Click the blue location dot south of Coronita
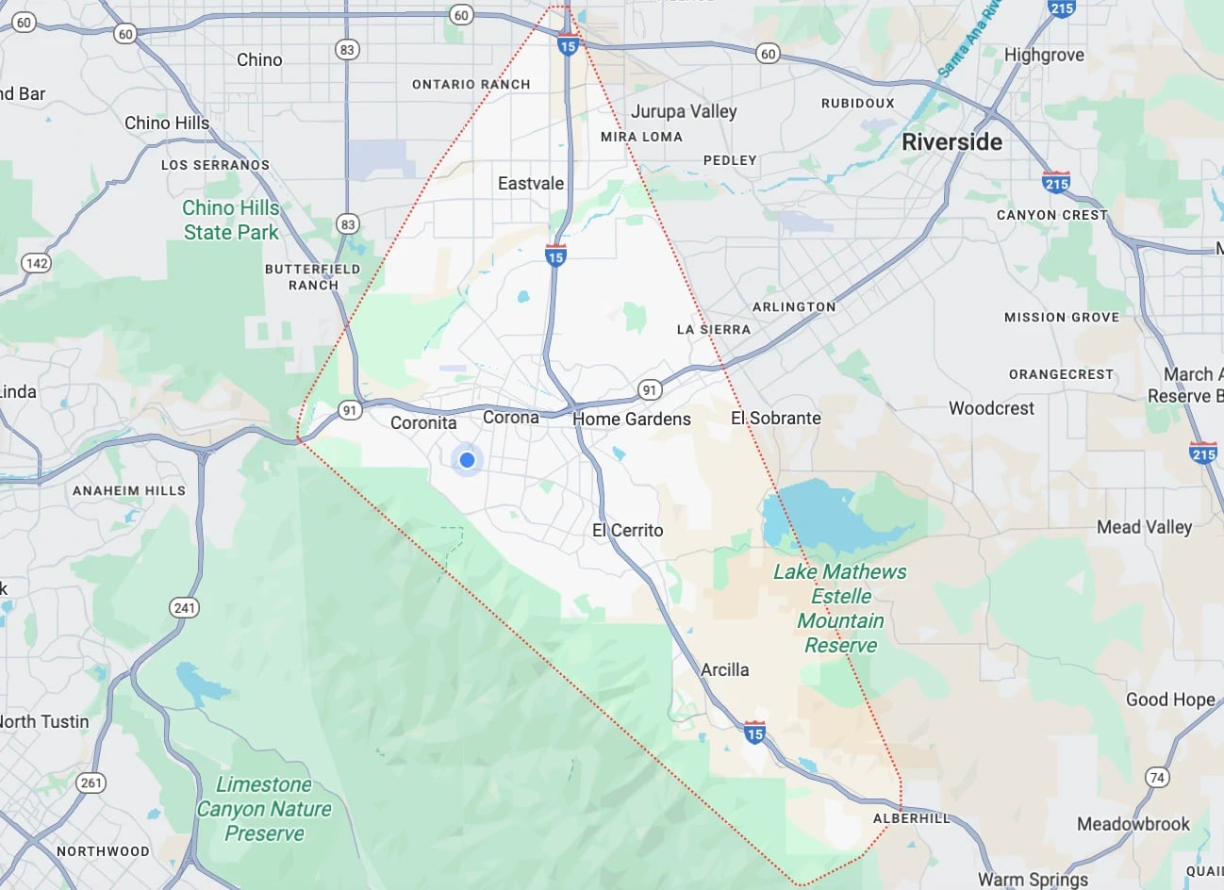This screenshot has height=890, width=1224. click(x=467, y=460)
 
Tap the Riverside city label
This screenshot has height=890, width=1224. click(x=951, y=142)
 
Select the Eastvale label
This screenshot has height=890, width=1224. click(x=531, y=184)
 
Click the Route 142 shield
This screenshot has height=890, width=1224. click(x=36, y=263)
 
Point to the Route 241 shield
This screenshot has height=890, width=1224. click(x=185, y=607)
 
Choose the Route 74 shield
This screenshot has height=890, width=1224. click(x=1157, y=778)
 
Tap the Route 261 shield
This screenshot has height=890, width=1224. click(x=91, y=783)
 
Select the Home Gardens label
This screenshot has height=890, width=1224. click(x=632, y=419)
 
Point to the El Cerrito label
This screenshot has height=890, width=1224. click(x=627, y=531)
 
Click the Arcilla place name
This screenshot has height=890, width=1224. click(x=724, y=669)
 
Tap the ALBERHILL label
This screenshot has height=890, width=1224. click(x=911, y=818)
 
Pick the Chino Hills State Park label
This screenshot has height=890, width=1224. click(x=231, y=220)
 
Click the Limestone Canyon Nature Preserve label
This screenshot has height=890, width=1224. click(x=264, y=809)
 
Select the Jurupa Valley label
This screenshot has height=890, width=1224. click(x=684, y=111)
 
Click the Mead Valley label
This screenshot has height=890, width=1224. click(x=1144, y=527)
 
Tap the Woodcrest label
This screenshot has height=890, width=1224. click(x=991, y=408)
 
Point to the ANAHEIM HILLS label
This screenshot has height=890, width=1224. click(x=129, y=490)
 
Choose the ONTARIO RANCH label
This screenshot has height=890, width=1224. click(x=471, y=84)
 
